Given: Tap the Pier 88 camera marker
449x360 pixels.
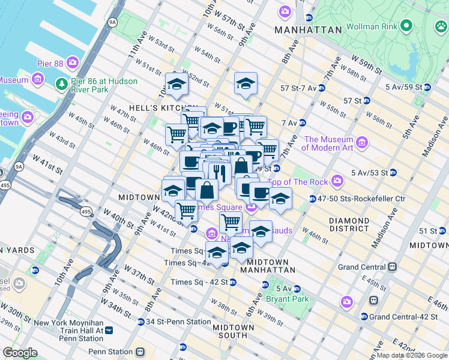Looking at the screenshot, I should point(73,62).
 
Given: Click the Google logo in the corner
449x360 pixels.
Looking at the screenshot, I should point(20,353).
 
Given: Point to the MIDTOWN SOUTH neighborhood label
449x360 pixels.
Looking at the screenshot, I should point(234,331).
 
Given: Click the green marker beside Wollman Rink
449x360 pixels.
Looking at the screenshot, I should point(406,26).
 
